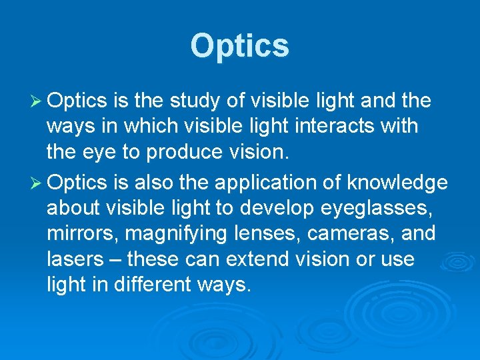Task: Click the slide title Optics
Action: (240, 46)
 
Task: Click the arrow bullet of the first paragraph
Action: (36, 101)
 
